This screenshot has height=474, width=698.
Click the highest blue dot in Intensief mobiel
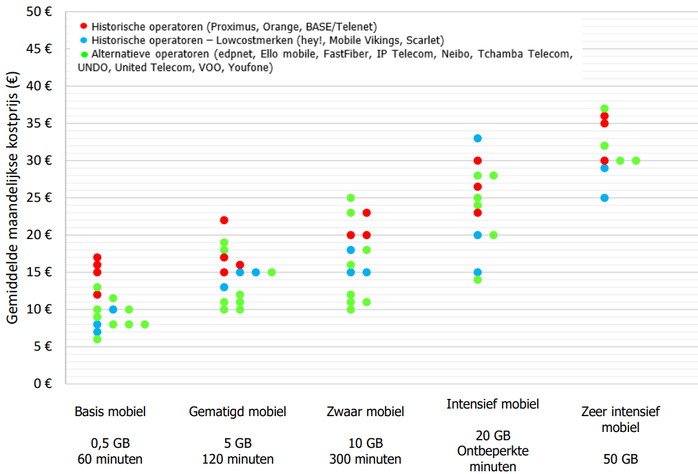pyautogui.click(x=478, y=138)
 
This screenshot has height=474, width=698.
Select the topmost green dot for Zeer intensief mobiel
pyautogui.click(x=604, y=109)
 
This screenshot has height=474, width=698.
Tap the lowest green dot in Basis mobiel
pyautogui.click(x=97, y=340)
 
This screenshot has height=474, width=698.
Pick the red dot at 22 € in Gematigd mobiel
pyautogui.click(x=224, y=220)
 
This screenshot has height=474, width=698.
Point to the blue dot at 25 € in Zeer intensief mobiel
pyautogui.click(x=604, y=198)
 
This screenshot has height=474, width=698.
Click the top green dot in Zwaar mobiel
pyautogui.click(x=351, y=198)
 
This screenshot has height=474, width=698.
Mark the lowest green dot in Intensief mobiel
pyautogui.click(x=478, y=280)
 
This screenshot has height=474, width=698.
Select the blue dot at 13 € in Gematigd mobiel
pyautogui.click(x=224, y=287)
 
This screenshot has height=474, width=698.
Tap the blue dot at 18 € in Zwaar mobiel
pyautogui.click(x=351, y=250)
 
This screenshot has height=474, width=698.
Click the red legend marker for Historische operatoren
pyautogui.click(x=84, y=26)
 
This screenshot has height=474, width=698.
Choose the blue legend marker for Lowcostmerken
pyautogui.click(x=84, y=40)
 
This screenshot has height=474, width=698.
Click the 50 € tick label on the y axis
pyautogui.click(x=39, y=12)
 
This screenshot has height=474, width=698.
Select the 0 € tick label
pyautogui.click(x=43, y=384)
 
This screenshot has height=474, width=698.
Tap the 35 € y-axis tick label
pyautogui.click(x=39, y=123)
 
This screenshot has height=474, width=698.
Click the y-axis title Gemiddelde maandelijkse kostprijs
pyautogui.click(x=12, y=198)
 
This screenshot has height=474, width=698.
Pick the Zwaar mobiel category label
pyautogui.click(x=366, y=411)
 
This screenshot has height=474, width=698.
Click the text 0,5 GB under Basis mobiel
pyautogui.click(x=110, y=443)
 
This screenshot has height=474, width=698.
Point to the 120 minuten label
pyautogui.click(x=237, y=460)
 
